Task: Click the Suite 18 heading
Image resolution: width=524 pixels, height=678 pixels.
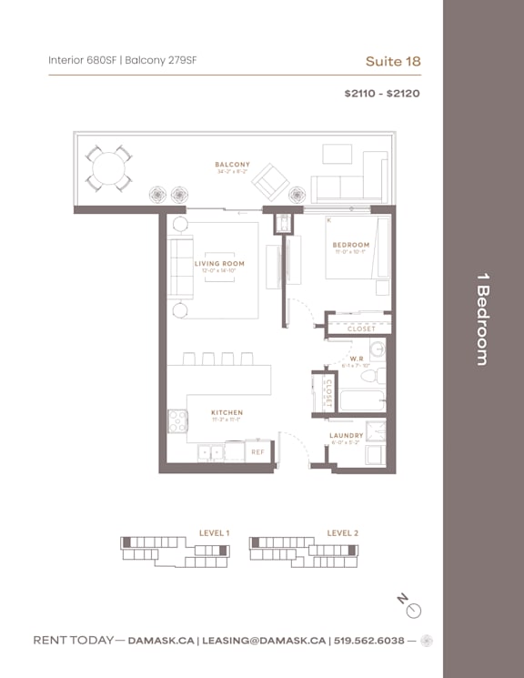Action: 392,61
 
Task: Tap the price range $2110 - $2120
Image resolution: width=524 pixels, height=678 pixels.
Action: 381,93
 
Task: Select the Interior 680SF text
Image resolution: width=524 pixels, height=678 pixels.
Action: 82,61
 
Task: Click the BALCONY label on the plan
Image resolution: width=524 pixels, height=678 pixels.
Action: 233,165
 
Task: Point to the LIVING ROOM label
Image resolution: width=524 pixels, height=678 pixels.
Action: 219,264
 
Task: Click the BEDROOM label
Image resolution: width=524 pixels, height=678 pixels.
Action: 350,245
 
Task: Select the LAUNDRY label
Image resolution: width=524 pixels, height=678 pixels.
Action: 346,435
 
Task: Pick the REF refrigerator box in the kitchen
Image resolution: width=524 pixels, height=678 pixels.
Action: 257,451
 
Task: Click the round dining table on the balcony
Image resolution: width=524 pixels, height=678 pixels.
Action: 108,169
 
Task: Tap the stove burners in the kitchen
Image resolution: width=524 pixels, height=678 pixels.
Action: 176,420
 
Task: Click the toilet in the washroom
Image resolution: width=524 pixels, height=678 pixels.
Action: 371,375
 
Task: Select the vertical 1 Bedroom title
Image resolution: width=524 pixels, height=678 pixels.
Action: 481,325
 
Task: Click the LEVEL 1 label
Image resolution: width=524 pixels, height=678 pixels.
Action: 214,532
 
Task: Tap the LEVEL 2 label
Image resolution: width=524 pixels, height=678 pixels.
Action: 342,532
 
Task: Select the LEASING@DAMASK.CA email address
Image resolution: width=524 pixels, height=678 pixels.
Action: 263,641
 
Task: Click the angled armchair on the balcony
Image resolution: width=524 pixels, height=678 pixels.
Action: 270,182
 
